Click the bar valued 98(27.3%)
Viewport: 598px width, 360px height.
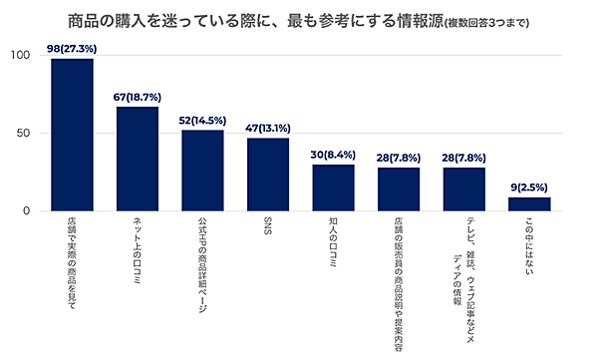click(72, 135)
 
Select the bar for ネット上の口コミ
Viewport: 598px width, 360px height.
click(138, 159)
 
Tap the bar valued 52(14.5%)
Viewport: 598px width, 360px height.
click(202, 171)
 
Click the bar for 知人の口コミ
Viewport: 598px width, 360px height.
click(333, 187)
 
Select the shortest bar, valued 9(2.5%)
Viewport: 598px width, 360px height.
click(529, 204)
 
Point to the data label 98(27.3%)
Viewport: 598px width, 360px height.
click(72, 49)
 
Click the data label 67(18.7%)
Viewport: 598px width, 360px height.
click(138, 97)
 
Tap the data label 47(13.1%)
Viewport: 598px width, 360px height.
click(267, 129)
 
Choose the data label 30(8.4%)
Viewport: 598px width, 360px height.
click(333, 155)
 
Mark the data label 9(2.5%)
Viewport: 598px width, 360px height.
click(529, 187)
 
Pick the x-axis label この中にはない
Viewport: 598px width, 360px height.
click(529, 249)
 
